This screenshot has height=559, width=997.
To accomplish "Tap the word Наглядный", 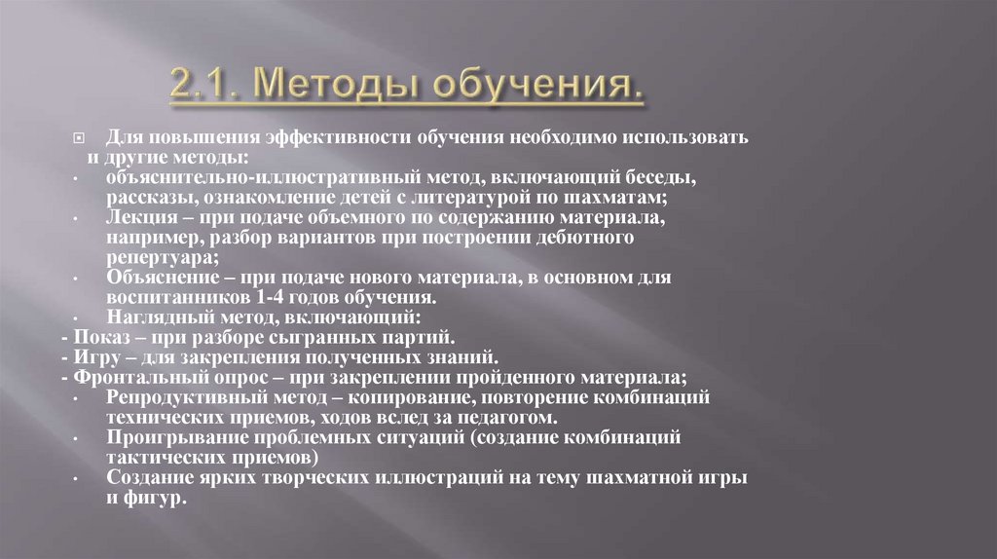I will [x=154, y=317].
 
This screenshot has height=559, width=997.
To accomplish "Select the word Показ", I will [x=95, y=338].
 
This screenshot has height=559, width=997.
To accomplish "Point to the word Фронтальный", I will [x=128, y=378].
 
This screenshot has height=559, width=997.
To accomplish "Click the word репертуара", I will [x=158, y=257].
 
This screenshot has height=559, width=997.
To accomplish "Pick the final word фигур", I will [x=153, y=497].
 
